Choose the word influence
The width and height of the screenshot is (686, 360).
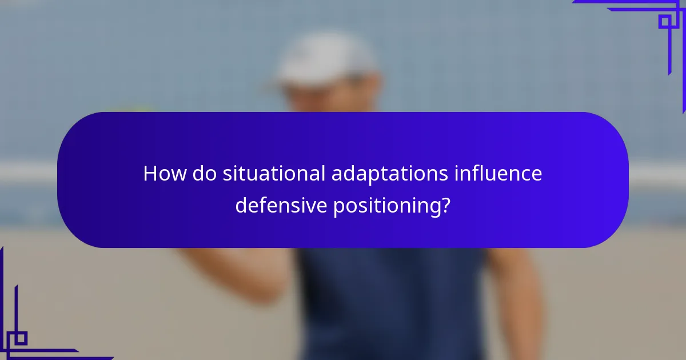[x=498, y=173]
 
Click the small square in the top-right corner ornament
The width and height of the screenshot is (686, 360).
[x=665, y=22]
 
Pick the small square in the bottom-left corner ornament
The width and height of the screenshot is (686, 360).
[x=20, y=338]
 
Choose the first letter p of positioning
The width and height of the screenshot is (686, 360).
[x=338, y=207]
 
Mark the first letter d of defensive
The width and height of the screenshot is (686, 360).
[x=241, y=205]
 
